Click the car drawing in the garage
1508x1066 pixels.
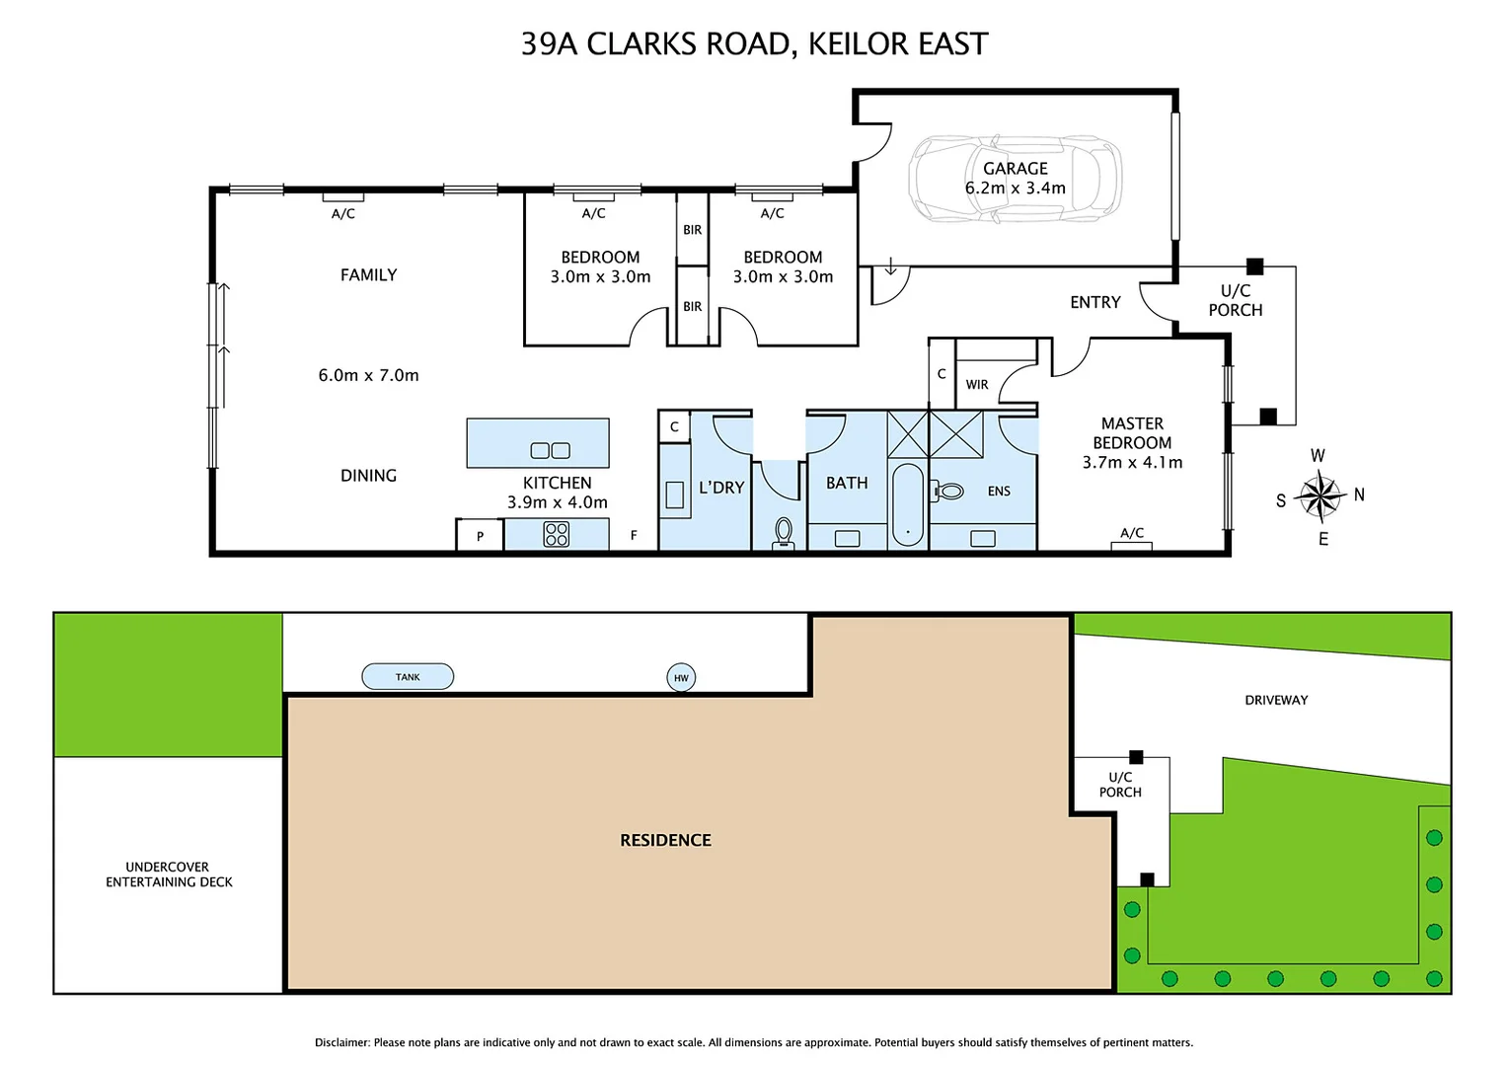click(1015, 179)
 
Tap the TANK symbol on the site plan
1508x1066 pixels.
click(408, 677)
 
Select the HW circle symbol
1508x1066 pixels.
click(681, 678)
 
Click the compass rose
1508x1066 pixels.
click(1320, 496)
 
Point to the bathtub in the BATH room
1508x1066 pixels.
click(908, 504)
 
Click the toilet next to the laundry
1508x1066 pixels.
click(784, 534)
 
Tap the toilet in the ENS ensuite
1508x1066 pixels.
click(948, 491)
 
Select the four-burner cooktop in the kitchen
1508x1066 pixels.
click(557, 534)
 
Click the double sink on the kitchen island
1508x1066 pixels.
click(550, 451)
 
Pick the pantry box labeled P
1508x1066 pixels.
click(480, 536)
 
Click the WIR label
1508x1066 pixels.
click(977, 385)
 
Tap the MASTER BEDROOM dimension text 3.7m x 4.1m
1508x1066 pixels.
click(1132, 462)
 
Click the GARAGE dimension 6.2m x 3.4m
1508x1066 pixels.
click(1015, 189)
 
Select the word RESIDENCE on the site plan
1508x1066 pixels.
click(665, 840)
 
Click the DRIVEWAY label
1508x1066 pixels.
click(1276, 700)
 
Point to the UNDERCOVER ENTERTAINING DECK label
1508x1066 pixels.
click(169, 875)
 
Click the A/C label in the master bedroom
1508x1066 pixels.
click(1132, 533)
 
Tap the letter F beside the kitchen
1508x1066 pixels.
click(634, 535)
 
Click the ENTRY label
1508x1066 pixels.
click(1094, 302)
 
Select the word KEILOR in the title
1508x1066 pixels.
click(858, 44)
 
